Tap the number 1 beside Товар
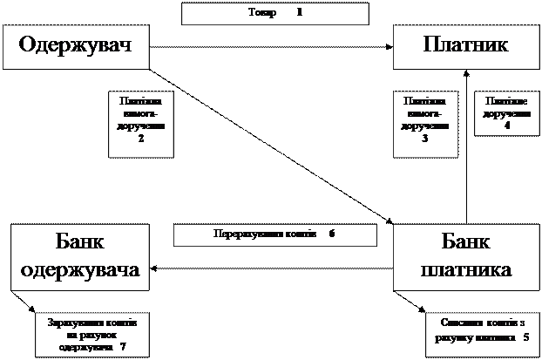coord(299,13)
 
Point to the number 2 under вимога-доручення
coord(141,142)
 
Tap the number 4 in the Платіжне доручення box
coord(507,126)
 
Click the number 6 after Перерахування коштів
coord(332,234)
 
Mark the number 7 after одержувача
coord(123,346)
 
